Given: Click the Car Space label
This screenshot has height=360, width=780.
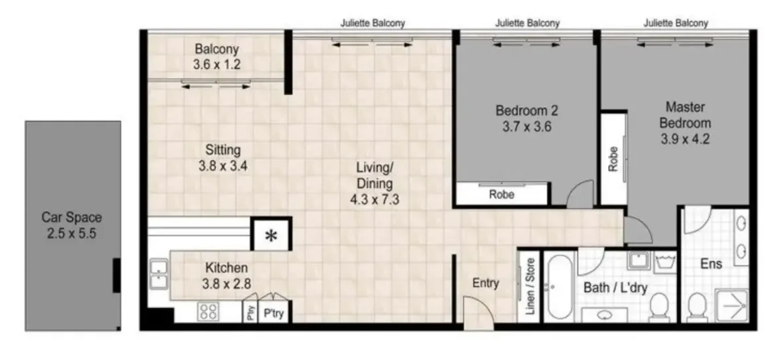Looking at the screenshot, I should pyautogui.click(x=72, y=217).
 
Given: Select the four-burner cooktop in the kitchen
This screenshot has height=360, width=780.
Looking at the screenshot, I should pyautogui.click(x=208, y=312).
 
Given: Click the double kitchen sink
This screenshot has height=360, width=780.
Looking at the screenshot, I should pyautogui.click(x=159, y=274).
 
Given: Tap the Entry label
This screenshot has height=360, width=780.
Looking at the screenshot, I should pyautogui.click(x=485, y=283).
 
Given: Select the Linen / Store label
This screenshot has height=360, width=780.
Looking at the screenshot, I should pyautogui.click(x=530, y=288).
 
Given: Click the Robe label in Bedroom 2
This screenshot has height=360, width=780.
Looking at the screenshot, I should pyautogui.click(x=501, y=195).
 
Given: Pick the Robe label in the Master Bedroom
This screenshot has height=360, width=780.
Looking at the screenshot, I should pyautogui.click(x=613, y=159).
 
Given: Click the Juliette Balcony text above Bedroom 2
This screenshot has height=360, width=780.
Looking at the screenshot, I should pyautogui.click(x=527, y=23).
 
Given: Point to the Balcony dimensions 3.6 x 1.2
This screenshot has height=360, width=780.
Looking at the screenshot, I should pyautogui.click(x=216, y=65).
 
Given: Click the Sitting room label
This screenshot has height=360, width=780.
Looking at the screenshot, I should pyautogui.click(x=222, y=150).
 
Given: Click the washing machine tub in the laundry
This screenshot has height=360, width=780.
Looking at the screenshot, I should pyautogui.click(x=664, y=262).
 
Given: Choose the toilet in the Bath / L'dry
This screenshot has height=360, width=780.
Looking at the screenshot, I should pyautogui.click(x=658, y=307).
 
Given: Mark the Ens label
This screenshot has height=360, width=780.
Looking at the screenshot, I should pyautogui.click(x=711, y=264).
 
